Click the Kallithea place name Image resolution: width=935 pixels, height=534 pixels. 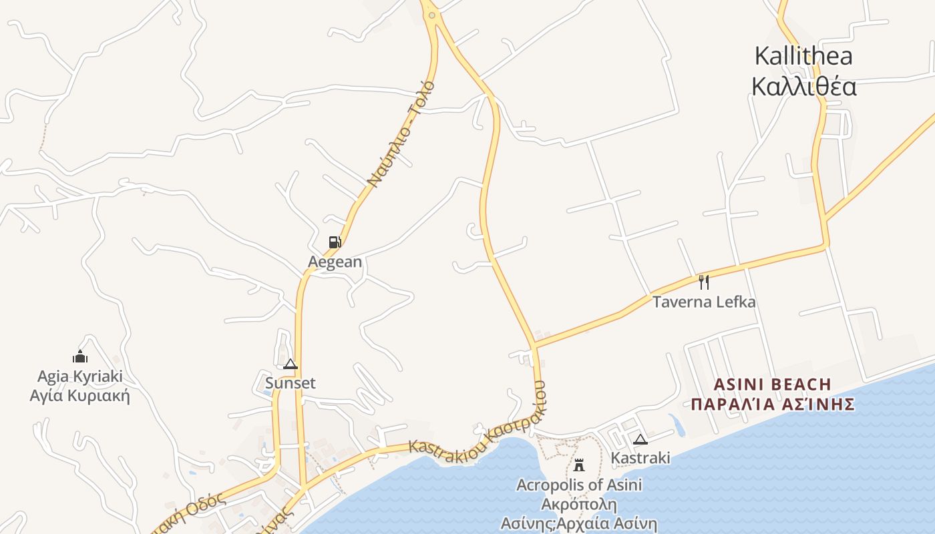point(803,56)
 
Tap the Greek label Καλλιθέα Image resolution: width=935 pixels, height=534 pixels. point(803,87)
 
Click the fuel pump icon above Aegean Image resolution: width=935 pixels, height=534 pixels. point(335,242)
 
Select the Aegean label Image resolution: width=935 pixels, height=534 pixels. point(335,262)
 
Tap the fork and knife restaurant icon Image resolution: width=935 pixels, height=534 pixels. point(703,282)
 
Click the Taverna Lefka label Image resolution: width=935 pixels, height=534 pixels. point(704,302)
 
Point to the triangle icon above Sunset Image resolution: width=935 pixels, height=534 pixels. point(290,364)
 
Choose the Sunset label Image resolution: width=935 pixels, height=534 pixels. point(290,383)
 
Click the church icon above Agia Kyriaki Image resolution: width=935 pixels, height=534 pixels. point(80,357)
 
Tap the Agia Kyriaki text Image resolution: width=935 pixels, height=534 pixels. point(80,376)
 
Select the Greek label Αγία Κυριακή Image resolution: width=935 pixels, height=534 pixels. point(80,396)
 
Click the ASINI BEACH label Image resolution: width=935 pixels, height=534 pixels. point(773,384)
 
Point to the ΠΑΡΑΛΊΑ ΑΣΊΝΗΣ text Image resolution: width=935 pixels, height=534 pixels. point(773,405)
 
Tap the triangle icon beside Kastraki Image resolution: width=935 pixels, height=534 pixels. point(640,439)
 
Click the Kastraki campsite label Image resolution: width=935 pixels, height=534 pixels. point(640,458)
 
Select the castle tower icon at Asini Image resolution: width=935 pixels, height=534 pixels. point(579,465)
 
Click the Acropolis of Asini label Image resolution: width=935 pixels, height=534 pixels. point(579,485)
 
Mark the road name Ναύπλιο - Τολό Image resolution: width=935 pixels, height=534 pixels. point(401,133)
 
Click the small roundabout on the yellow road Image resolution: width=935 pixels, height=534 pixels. point(432,15)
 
